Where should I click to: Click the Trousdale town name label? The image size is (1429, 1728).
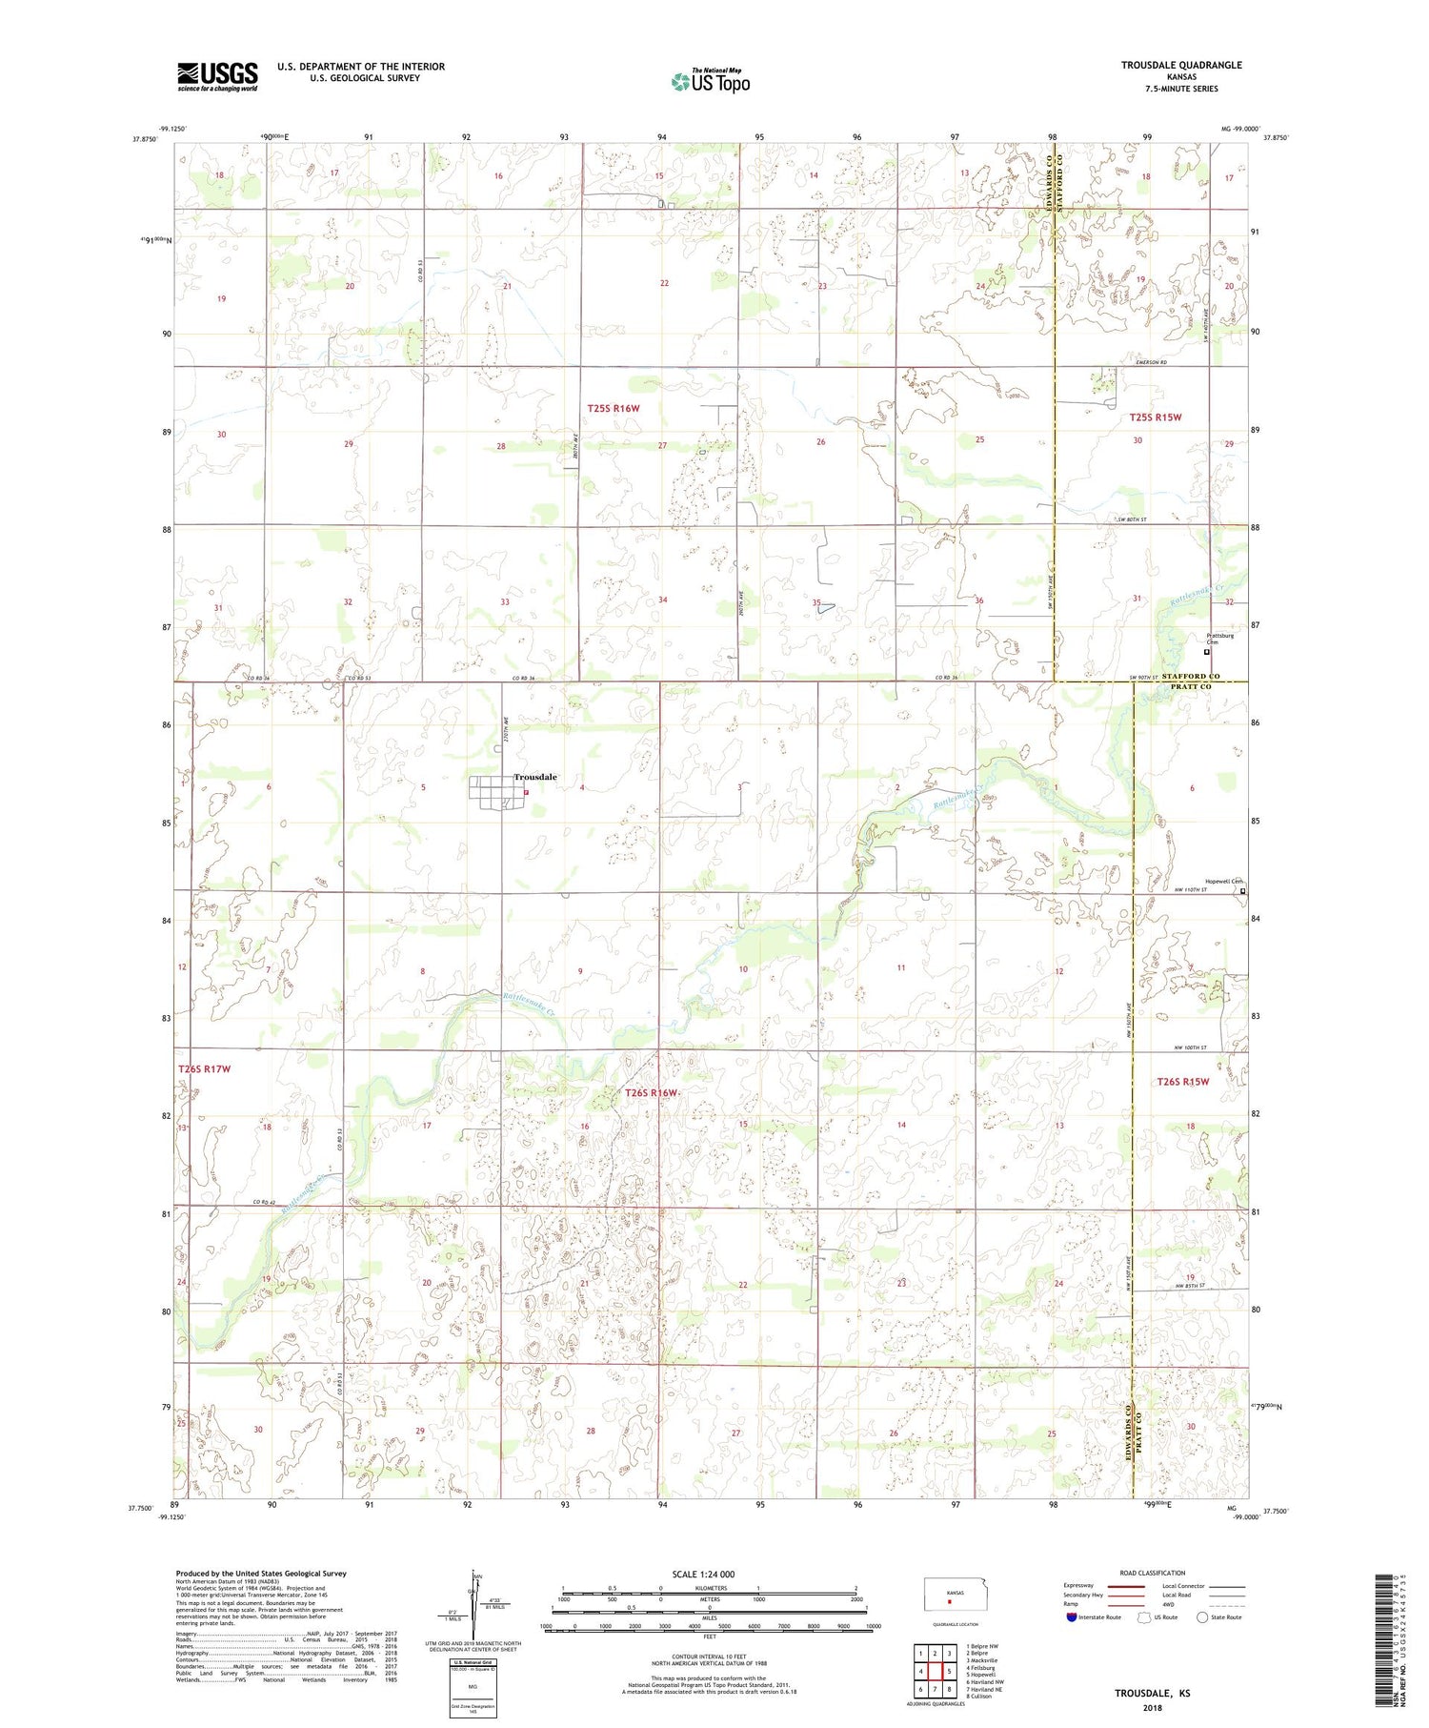(x=535, y=777)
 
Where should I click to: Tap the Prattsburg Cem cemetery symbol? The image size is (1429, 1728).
(x=1206, y=653)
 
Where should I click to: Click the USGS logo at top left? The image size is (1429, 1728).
(x=217, y=76)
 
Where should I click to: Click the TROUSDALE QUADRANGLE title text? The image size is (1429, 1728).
(x=1181, y=65)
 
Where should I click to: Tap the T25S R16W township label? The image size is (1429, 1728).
(x=613, y=408)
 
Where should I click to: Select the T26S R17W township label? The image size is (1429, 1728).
(x=204, y=1068)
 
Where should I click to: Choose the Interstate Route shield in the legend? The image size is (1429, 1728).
(x=1072, y=1617)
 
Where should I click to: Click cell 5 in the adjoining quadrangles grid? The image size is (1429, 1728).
(x=950, y=1671)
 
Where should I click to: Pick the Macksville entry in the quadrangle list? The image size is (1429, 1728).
(x=982, y=1660)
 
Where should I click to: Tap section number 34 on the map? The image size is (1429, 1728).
(x=662, y=600)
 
